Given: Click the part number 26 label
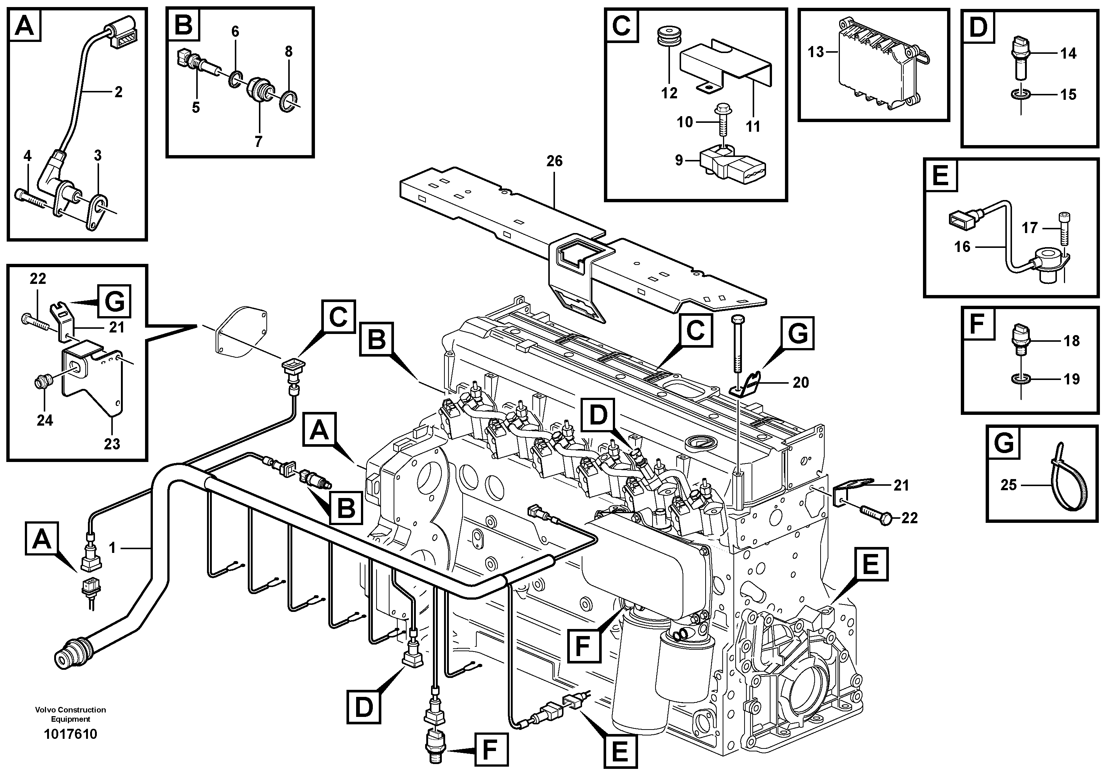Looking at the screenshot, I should tap(554, 161).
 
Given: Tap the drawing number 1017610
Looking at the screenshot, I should tap(71, 734).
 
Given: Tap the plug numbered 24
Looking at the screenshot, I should tap(42, 383).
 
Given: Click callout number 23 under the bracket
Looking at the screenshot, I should tap(112, 443).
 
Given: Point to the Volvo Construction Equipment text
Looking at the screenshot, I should tap(71, 714).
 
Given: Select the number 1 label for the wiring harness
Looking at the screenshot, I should tap(112, 548).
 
